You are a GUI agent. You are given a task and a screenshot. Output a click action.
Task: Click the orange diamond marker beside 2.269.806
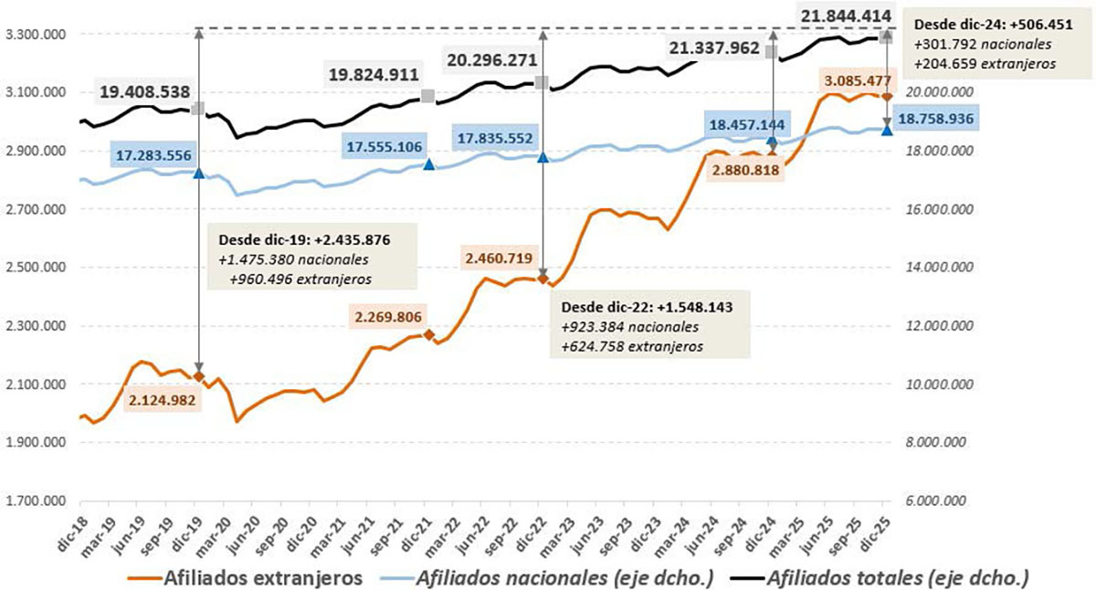pos(428,335)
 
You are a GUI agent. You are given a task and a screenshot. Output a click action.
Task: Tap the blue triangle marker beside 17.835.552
pos(543,157)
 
